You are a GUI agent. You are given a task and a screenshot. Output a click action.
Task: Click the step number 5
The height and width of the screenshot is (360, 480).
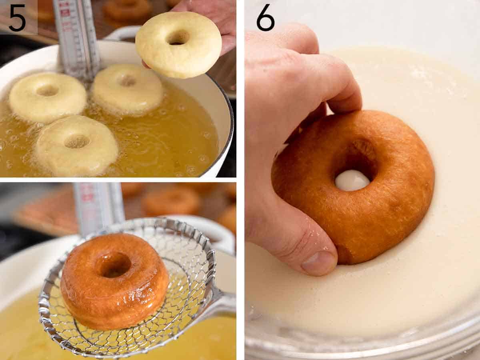(x=17, y=18)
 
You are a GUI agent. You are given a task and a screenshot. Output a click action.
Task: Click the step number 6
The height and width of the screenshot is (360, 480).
(x=265, y=18)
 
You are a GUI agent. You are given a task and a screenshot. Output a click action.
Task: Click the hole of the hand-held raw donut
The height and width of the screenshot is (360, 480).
(x=178, y=38)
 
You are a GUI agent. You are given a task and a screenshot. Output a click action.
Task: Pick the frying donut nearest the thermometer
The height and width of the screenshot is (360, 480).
(x=127, y=88)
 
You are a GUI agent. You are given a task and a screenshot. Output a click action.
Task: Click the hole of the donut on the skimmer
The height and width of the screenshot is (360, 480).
(x=114, y=265)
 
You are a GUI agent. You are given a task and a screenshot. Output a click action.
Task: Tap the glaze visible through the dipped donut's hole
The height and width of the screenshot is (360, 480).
(x=352, y=180)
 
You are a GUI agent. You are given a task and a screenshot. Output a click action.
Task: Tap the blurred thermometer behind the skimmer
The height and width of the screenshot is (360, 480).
(x=98, y=204)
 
